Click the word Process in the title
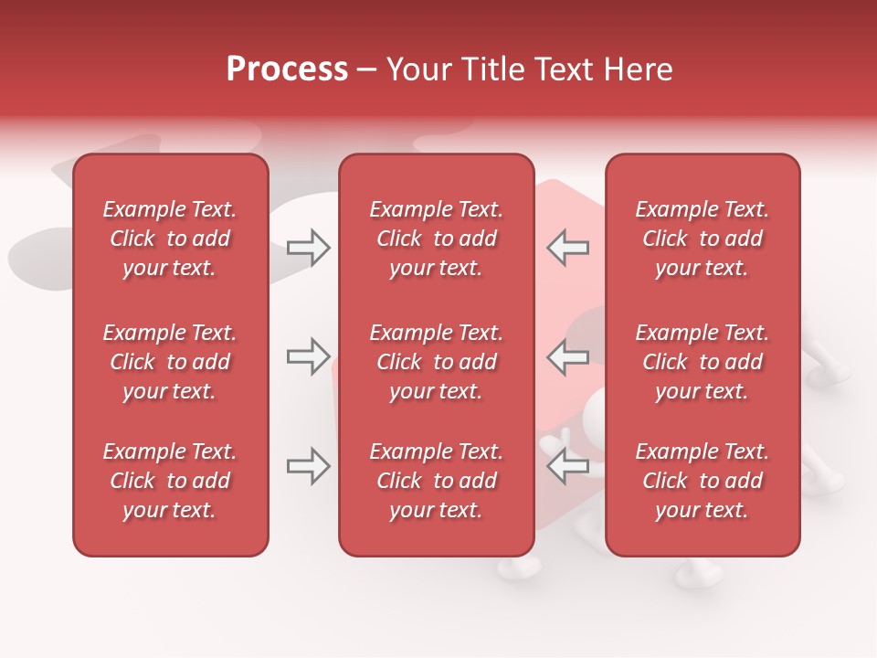[x=287, y=69]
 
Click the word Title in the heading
[x=494, y=69]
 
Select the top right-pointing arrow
[x=308, y=248]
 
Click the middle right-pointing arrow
[x=308, y=356]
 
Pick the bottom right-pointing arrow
[x=308, y=466]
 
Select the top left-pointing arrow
[x=567, y=248]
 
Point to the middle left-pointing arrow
[x=567, y=356]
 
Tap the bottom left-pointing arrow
[x=567, y=466]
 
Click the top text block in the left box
[x=170, y=239]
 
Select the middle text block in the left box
[x=170, y=362]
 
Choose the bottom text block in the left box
[x=170, y=481]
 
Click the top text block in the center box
[x=436, y=239]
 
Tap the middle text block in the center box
[x=436, y=362]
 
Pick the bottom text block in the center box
[x=436, y=481]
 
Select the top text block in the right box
[x=703, y=239]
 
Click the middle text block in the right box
[x=703, y=362]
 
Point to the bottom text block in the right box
[x=703, y=481]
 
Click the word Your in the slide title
[x=418, y=69]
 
